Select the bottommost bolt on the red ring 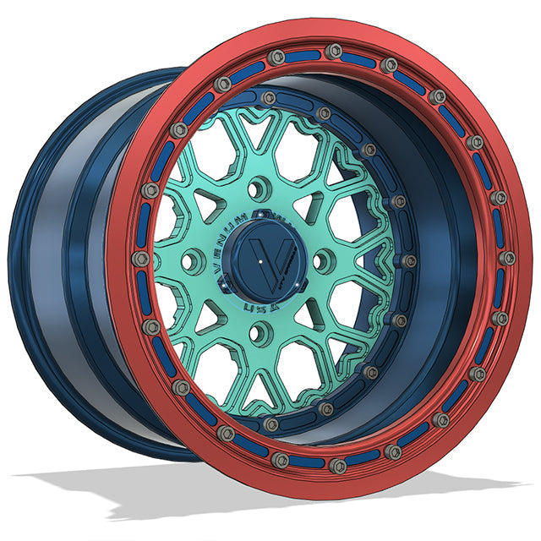[x=338, y=464]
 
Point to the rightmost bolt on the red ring [x=507, y=258]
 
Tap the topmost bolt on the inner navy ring [x=269, y=98]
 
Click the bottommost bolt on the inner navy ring [x=271, y=424]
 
